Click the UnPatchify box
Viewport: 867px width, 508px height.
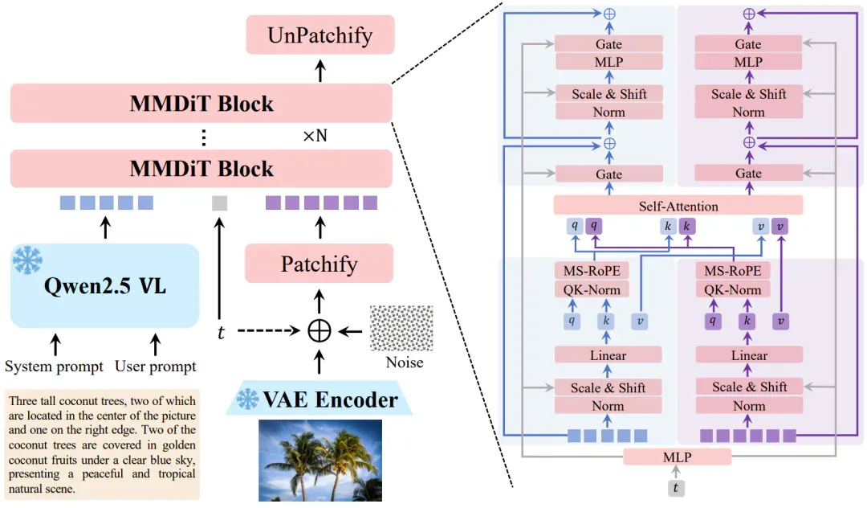[x=320, y=35]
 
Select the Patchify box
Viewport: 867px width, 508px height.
[x=319, y=264]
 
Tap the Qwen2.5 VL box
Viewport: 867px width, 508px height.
[x=104, y=285]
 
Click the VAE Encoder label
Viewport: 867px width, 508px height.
[x=330, y=399]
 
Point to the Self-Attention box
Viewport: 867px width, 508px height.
[x=678, y=205]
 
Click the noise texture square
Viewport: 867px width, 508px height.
[x=401, y=328]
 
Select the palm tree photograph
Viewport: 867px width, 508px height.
[x=320, y=461]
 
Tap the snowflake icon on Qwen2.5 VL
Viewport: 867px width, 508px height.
[x=27, y=260]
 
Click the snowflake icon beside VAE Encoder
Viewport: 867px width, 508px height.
[x=247, y=399]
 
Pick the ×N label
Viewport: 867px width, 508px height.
[x=315, y=136]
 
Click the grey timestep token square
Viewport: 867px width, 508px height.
[x=219, y=203]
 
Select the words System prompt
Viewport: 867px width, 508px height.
[x=55, y=367]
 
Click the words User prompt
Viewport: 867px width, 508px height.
[x=156, y=367]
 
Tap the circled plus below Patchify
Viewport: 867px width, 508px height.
[x=319, y=331]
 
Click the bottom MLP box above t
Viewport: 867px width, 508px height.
[x=677, y=457]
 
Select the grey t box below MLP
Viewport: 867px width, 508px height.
[x=676, y=488]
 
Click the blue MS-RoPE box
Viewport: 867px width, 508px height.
[x=592, y=271]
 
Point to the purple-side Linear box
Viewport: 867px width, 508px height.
[x=749, y=354]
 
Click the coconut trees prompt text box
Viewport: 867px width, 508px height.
[x=102, y=445]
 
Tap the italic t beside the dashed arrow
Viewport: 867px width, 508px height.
[x=221, y=332]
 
